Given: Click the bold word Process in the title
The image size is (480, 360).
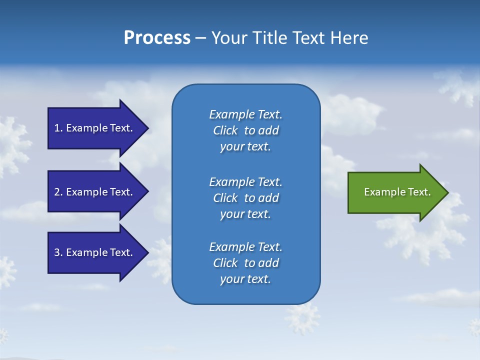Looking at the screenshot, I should tap(157, 38).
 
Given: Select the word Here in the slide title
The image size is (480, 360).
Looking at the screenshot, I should tap(349, 38).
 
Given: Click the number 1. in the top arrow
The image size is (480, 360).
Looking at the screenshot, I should tap(58, 128).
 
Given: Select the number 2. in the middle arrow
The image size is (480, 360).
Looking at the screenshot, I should tap(58, 192).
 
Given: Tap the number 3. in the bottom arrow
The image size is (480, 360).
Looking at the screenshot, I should tap(58, 252).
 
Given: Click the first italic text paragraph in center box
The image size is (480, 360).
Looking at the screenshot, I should tap(245, 130).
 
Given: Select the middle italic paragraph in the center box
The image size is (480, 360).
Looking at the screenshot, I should tap(245, 198).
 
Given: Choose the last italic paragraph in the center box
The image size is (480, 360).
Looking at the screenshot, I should tap(245, 263).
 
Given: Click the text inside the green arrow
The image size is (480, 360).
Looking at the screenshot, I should tap(397, 192).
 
